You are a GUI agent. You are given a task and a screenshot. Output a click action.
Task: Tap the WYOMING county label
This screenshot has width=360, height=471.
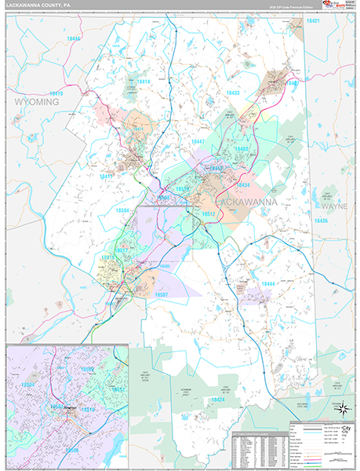point(37,101)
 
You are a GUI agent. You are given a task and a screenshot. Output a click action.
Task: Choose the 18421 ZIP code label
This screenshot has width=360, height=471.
point(314,20)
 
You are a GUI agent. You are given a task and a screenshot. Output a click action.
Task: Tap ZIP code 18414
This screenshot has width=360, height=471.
point(144,82)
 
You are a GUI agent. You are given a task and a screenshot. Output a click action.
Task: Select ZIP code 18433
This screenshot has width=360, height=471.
point(233,93)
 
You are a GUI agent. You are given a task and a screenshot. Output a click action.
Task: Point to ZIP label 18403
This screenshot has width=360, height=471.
point(241,148)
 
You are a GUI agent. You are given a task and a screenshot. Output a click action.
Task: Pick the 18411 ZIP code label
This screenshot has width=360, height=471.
point(106,177)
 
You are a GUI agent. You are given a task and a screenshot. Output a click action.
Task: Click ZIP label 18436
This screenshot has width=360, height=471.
point(320,221)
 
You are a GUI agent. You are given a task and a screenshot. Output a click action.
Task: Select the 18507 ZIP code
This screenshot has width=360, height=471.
point(161,294)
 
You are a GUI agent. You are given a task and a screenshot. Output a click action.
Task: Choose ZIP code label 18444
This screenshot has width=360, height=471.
point(267,283)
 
